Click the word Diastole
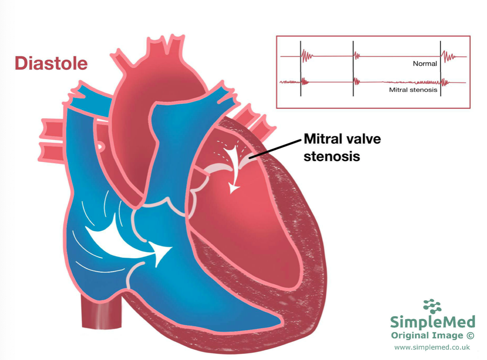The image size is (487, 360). pyautogui.click(x=51, y=63)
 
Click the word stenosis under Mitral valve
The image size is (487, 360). pyautogui.click(x=332, y=156)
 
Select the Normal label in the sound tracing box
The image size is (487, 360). pyautogui.click(x=425, y=64)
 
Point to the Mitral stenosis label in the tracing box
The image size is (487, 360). pyautogui.click(x=413, y=90)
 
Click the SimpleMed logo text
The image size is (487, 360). pyautogui.click(x=432, y=322)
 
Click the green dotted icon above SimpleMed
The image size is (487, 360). pyautogui.click(x=432, y=306)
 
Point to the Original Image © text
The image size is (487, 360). pyautogui.click(x=432, y=335)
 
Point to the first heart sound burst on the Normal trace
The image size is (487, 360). pyautogui.click(x=307, y=57)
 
